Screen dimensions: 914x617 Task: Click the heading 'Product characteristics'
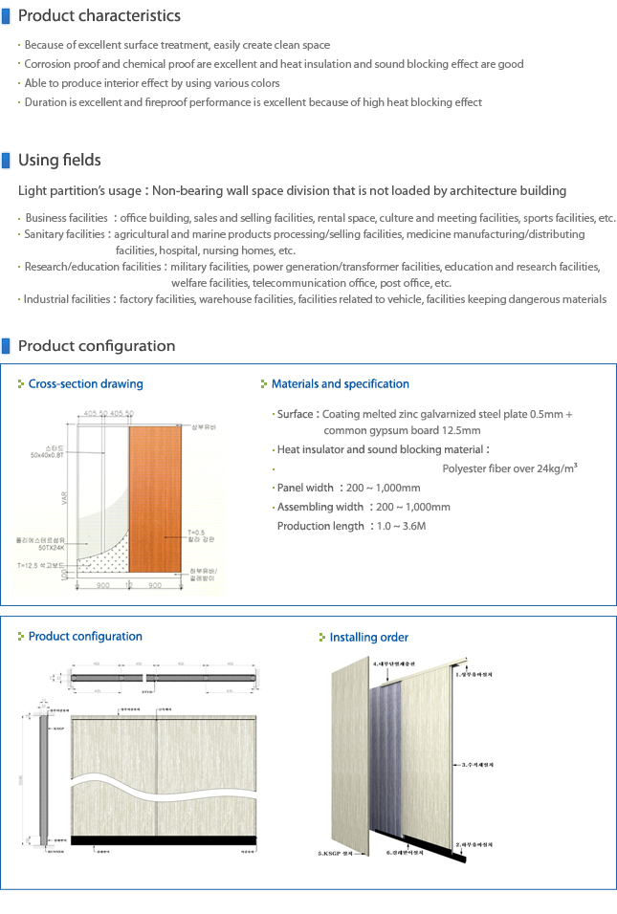click(x=99, y=15)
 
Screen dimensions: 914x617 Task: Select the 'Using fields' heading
click(x=59, y=160)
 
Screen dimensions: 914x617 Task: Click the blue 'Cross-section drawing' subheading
click(x=85, y=383)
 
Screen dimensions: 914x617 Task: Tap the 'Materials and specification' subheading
click(x=340, y=383)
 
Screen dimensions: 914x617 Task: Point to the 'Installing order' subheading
click(x=368, y=637)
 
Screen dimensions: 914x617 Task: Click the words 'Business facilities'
click(x=67, y=218)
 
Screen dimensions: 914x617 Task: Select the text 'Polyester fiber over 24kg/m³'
click(x=509, y=468)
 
